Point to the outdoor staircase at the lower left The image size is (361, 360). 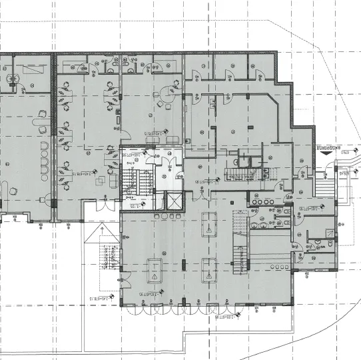[x=106, y=257]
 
